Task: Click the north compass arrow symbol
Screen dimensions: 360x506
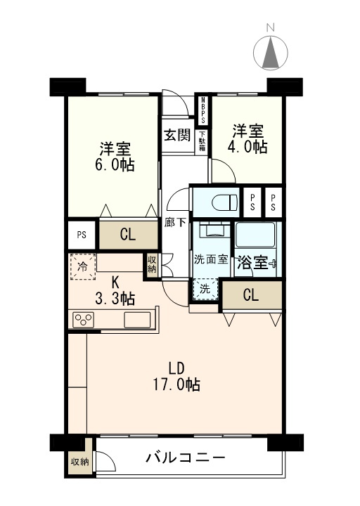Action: pos(271,53)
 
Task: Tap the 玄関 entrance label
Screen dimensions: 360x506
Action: pos(177,134)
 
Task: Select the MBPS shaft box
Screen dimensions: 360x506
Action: pos(203,110)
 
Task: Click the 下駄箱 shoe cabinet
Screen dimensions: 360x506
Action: pos(202,141)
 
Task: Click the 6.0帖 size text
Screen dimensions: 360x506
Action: pos(115,165)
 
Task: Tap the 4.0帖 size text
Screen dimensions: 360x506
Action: pos(247,147)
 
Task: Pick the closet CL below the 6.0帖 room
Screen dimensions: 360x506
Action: pos(128,235)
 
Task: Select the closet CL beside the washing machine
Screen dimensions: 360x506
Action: pos(252,295)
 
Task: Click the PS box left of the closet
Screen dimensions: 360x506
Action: pos(82,235)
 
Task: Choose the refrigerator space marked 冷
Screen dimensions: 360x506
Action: pos(83,266)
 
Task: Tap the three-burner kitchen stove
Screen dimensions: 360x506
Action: pos(83,320)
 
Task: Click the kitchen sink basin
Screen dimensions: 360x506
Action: pos(137,320)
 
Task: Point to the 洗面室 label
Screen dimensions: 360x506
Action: pos(211,259)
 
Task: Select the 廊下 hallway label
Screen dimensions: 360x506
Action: pos(175,222)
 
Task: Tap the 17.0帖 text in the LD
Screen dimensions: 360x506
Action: pos(176,384)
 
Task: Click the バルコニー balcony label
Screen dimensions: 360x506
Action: pos(186,458)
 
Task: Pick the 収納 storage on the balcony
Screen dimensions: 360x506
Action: pos(79,462)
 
